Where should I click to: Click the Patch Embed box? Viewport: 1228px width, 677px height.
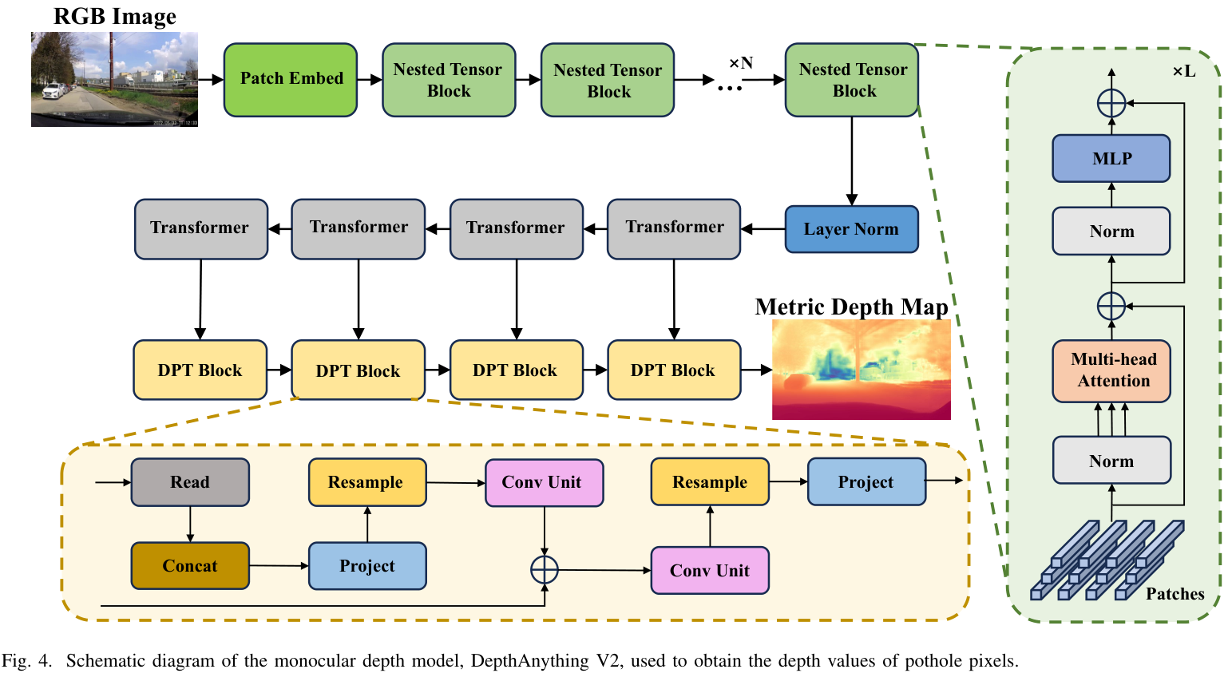point(291,79)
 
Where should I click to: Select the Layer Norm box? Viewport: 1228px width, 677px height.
point(851,229)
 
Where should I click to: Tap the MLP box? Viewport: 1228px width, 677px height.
point(1111,158)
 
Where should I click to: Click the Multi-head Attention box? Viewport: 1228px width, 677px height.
point(1111,370)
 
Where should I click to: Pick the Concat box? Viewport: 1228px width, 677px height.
point(190,566)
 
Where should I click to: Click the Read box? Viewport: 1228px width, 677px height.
point(190,482)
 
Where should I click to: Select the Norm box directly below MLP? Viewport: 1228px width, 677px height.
point(1111,232)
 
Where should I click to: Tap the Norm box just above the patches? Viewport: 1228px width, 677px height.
point(1111,461)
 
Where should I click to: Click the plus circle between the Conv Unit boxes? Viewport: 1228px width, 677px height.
point(545,569)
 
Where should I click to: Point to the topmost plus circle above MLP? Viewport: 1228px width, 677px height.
point(1111,103)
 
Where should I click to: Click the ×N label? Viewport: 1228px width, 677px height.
point(741,63)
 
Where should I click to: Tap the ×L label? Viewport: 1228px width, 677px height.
point(1183,71)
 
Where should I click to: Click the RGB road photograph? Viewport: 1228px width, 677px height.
point(114,79)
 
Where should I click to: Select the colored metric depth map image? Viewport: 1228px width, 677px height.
point(861,369)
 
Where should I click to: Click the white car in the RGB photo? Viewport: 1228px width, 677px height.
point(53,91)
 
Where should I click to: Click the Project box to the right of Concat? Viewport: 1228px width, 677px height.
point(367,566)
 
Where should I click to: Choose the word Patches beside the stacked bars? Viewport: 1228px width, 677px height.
point(1175,594)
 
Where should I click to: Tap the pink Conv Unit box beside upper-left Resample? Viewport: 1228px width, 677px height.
point(545,482)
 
